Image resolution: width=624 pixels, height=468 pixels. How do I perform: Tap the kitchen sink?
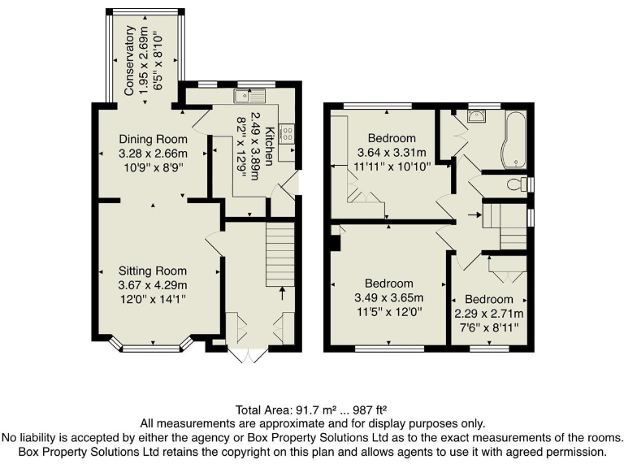pyautogui.click(x=245, y=97)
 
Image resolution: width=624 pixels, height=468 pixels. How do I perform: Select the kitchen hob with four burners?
pyautogui.click(x=287, y=134)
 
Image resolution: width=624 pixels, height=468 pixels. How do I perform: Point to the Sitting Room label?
pyautogui.click(x=153, y=271)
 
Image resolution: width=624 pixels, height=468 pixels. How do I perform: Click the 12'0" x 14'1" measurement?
pyautogui.click(x=153, y=299)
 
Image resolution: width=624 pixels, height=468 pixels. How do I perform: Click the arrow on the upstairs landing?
pyautogui.click(x=474, y=215)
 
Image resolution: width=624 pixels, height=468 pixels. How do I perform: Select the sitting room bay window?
pyautogui.click(x=152, y=347)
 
